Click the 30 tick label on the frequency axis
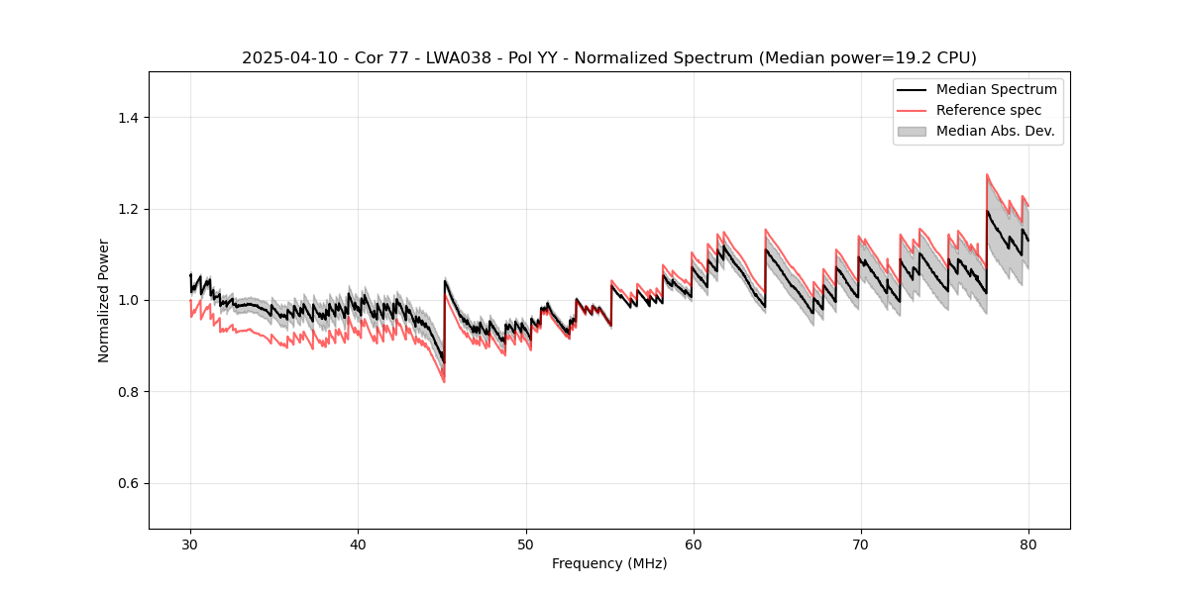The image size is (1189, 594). [190, 544]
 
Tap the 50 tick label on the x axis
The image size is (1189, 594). [525, 544]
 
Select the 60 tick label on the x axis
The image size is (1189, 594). [694, 544]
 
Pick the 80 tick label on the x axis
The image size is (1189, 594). [1028, 544]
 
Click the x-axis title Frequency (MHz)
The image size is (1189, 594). [609, 563]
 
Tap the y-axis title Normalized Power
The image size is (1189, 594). [104, 300]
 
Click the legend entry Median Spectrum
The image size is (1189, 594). [996, 89]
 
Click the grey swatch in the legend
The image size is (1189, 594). [912, 131]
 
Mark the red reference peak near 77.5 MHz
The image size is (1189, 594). [987, 174]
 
